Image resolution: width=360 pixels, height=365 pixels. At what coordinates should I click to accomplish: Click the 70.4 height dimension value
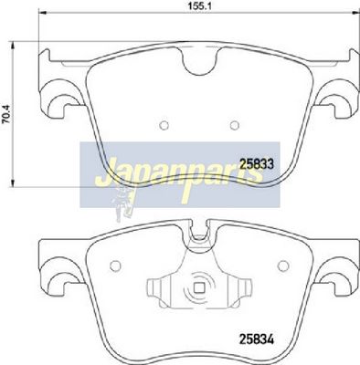[x=6, y=114]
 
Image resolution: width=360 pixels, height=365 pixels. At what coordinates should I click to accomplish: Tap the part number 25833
[x=258, y=164]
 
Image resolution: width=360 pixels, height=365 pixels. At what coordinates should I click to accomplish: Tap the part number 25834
[x=257, y=339]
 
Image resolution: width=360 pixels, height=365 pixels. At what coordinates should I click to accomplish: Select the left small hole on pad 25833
[x=164, y=125]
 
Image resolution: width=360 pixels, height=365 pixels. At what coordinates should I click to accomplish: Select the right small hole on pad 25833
[x=234, y=125]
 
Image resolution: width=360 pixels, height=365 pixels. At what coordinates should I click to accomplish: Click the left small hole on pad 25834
[x=115, y=266]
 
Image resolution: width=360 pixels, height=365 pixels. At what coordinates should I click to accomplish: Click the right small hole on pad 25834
[x=283, y=266]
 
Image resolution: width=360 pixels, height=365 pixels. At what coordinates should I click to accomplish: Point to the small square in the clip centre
[x=199, y=287]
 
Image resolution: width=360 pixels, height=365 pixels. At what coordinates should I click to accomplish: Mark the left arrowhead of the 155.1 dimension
[x=42, y=13]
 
